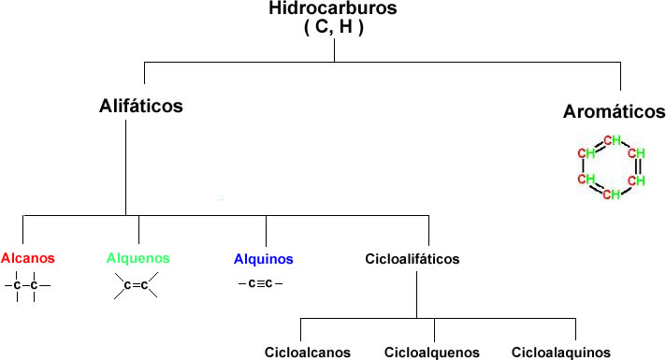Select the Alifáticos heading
tap(141, 106)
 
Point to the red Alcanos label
tap(28, 258)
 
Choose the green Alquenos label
tap(138, 258)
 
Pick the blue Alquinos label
tap(265, 259)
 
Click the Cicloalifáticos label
tap(413, 259)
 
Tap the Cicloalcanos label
tap(308, 353)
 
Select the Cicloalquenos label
tap(432, 353)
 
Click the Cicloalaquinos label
tap(555, 353)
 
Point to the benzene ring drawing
tap(611, 167)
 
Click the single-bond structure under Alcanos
tap(26, 285)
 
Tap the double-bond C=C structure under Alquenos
tap(136, 285)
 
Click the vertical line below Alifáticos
tap(126, 168)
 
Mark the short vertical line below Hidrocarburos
tap(334, 50)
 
